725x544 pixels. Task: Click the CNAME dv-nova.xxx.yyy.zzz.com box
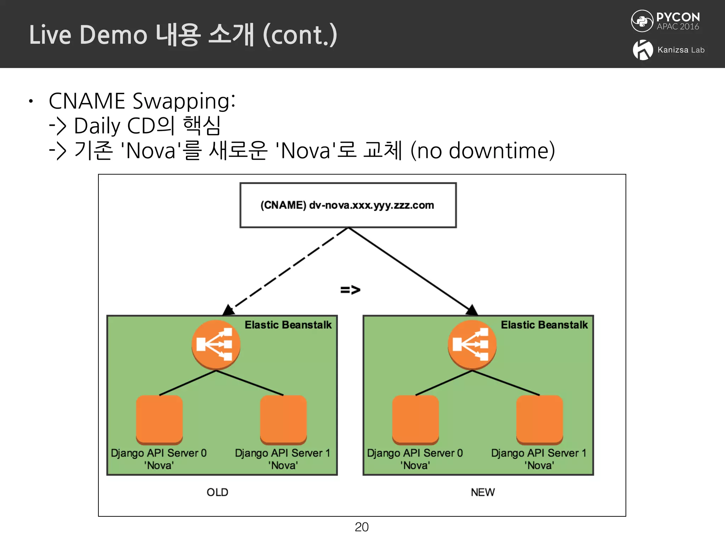pos(348,205)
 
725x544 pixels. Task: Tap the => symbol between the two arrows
pos(350,290)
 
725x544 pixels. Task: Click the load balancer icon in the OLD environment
pos(216,345)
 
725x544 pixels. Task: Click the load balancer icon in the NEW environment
pos(472,345)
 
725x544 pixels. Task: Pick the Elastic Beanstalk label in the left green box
pos(288,325)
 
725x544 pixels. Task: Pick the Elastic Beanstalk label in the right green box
pos(544,325)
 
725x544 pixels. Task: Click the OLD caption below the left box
pos(217,492)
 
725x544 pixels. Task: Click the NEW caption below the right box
pos(483,492)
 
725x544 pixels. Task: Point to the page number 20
pos(361,527)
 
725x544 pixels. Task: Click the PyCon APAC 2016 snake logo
pos(642,21)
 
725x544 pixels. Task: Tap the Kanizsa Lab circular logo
pos(643,50)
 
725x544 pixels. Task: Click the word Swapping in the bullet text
pos(184,102)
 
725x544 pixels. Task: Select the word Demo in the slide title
pos(113,35)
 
